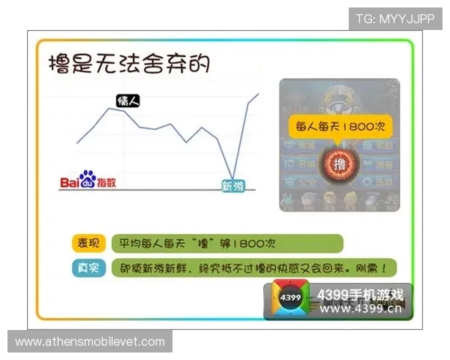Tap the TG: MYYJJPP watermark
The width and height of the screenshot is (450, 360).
(394, 18)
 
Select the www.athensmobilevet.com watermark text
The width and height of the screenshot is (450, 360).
(90, 342)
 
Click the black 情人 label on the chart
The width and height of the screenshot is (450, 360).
(128, 100)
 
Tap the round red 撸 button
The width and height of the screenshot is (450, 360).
(340, 163)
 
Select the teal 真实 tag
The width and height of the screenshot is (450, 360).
(88, 268)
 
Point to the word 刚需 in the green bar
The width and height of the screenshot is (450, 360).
(375, 267)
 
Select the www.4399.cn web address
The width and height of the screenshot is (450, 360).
(361, 308)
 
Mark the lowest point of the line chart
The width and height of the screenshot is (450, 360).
(233, 177)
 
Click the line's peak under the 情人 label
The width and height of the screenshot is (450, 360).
(110, 108)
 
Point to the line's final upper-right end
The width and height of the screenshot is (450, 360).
(259, 93)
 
